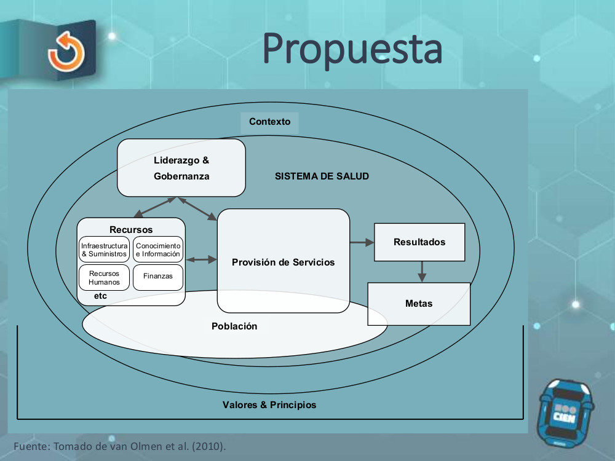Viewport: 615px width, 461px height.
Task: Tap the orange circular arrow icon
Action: pos(66,52)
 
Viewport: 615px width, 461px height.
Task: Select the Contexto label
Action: pos(269,122)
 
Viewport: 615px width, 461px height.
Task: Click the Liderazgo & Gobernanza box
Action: pos(181,168)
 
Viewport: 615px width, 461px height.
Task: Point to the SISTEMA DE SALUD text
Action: pos(322,176)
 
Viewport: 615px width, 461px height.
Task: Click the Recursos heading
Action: pos(131,230)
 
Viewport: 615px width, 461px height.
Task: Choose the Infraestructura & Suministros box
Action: pos(105,250)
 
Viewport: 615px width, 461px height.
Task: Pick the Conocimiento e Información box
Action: pos(158,250)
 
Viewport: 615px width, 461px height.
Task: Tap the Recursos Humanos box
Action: pos(105,278)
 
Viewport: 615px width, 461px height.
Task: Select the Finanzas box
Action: pos(158,277)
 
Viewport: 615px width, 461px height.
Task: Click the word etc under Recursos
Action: pos(100,296)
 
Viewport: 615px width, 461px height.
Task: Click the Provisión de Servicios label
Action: pos(284,262)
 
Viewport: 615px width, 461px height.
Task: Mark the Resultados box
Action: pos(419,242)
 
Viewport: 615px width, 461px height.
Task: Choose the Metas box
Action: pos(419,304)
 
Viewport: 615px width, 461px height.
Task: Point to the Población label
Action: pos(234,326)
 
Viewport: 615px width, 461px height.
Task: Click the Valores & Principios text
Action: pos(269,405)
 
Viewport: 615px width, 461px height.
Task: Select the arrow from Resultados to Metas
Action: pos(421,271)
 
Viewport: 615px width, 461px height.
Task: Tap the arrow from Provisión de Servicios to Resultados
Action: pos(362,243)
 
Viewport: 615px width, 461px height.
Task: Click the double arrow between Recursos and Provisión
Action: pos(202,260)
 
